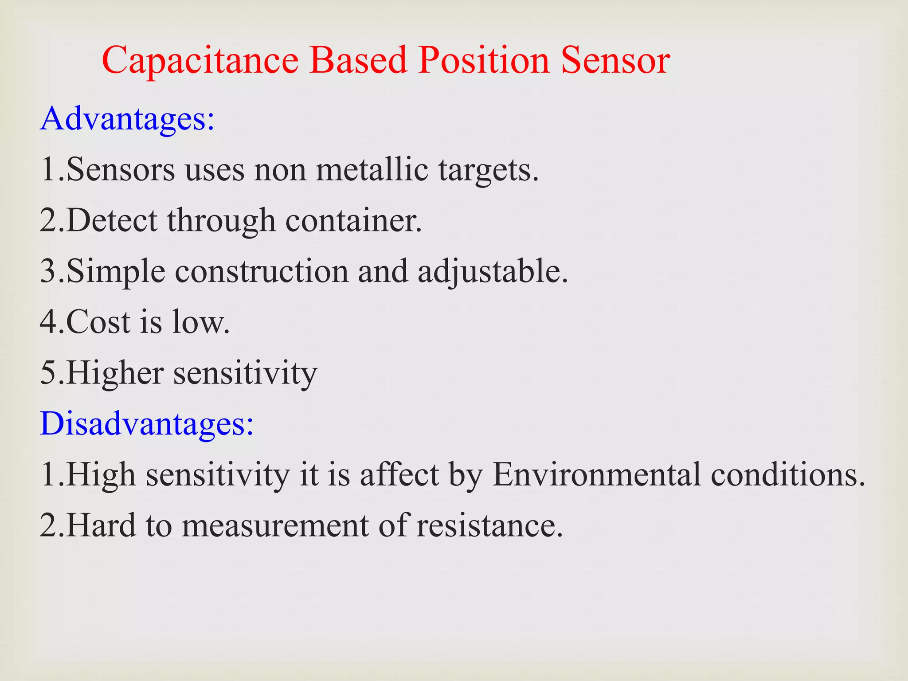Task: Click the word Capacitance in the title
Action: pos(200,61)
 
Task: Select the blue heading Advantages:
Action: pos(127,119)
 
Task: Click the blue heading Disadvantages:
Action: pos(147,423)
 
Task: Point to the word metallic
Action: pos(372,169)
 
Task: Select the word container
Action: pos(353,220)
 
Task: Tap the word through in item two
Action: pos(221,220)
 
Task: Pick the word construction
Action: pos(262,271)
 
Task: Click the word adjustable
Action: pos(492,271)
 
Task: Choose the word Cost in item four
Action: pos(98,322)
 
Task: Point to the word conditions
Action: pos(788,475)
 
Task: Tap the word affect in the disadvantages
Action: pos(399,475)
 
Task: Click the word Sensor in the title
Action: pos(615,61)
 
